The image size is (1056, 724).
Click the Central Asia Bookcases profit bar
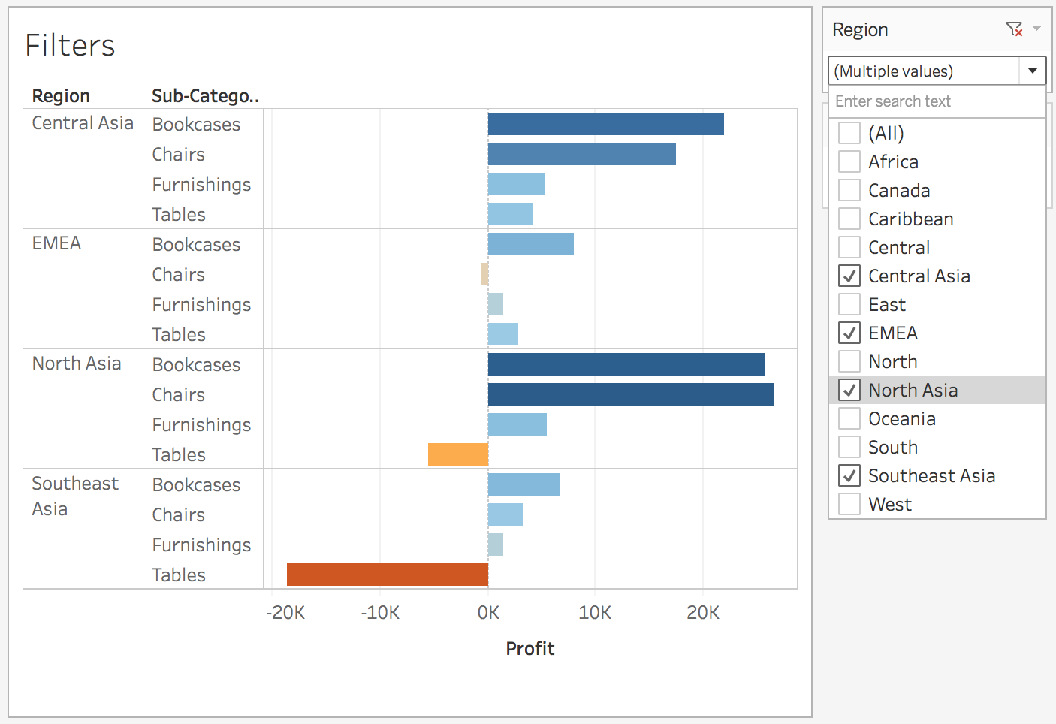point(605,124)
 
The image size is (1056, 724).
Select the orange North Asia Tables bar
point(458,454)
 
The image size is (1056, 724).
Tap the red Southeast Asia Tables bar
point(388,575)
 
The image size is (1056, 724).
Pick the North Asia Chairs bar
point(630,394)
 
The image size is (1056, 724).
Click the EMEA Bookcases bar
point(530,244)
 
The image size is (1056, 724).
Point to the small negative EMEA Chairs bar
point(484,274)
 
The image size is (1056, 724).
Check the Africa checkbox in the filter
point(849,162)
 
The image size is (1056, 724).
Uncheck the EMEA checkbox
point(849,333)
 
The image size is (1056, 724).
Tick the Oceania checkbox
point(849,419)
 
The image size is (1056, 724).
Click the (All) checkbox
point(849,134)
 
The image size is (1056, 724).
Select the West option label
point(890,505)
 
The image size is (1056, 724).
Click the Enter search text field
point(937,101)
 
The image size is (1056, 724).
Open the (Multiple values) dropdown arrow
point(1033,71)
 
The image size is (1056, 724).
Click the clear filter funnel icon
point(1014,29)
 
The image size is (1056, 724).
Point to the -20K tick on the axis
point(285,613)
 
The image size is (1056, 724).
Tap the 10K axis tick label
point(595,613)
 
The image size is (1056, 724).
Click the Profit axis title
point(530,649)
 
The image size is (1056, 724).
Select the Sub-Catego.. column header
point(205,96)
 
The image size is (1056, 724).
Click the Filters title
point(70,46)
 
